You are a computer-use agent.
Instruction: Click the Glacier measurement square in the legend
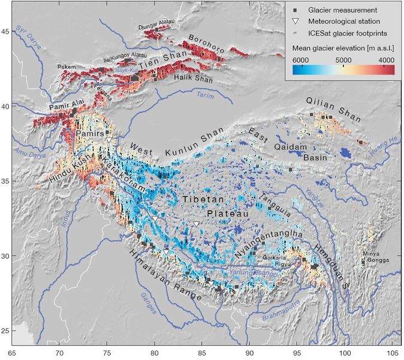296,10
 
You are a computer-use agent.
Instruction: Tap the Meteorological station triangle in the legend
296,22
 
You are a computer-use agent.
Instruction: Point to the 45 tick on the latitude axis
5,31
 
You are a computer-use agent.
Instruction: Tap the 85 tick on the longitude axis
203,353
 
